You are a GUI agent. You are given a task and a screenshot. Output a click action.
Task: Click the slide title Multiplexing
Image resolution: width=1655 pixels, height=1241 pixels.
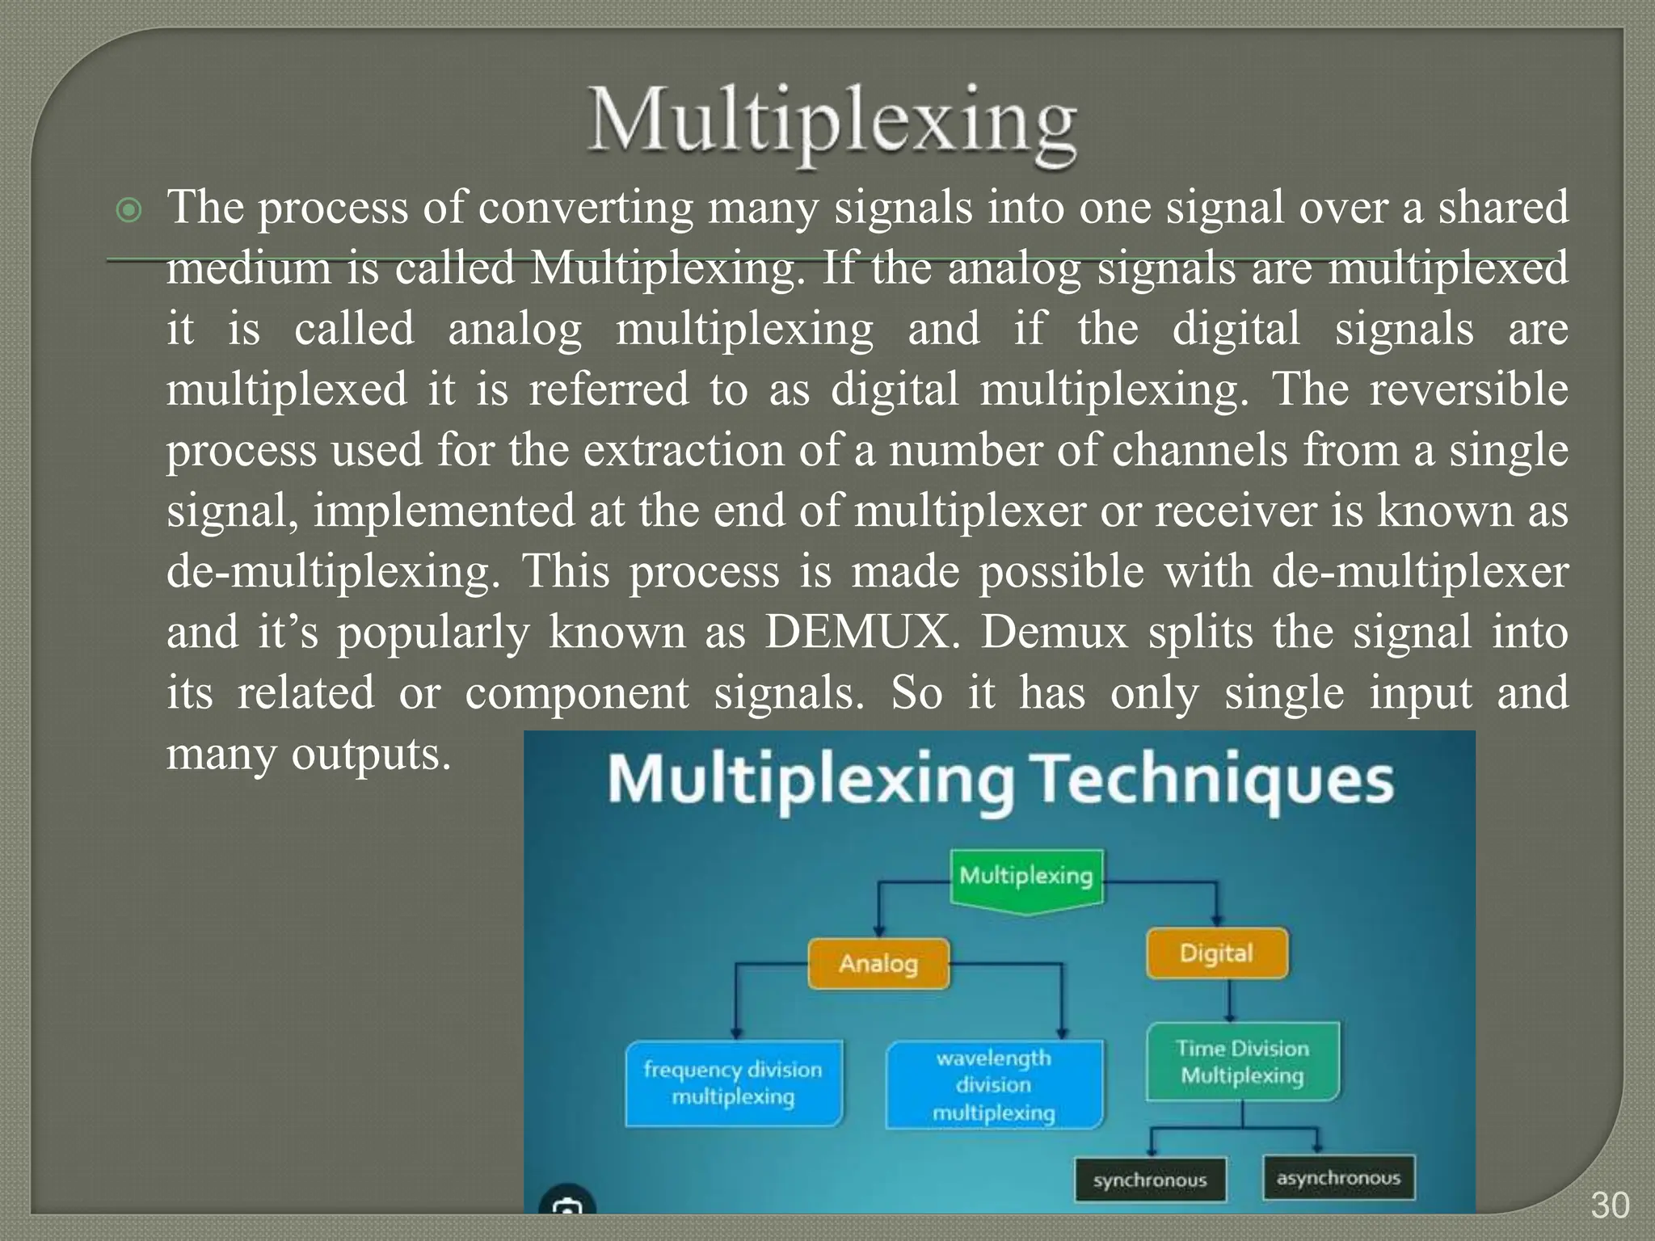point(832,125)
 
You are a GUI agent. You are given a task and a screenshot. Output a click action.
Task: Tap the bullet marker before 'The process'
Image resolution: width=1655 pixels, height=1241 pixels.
point(129,212)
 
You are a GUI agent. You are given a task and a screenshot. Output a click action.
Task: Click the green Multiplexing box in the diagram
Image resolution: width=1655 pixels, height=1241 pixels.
point(1026,877)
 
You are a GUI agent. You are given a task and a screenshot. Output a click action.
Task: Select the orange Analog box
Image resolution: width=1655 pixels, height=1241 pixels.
point(878,963)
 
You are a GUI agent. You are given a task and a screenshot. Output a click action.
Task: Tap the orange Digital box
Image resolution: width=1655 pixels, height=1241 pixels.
point(1216,954)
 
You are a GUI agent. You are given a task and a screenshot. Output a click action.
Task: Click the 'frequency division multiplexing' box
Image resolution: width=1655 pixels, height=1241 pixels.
point(733,1083)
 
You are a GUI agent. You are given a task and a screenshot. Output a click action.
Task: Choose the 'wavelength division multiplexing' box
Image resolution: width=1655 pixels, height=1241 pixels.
point(994,1084)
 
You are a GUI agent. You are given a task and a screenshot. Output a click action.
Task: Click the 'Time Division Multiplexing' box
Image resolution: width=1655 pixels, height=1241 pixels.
point(1242,1062)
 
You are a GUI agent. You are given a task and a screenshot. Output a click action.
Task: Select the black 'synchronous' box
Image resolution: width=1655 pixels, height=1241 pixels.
point(1150,1180)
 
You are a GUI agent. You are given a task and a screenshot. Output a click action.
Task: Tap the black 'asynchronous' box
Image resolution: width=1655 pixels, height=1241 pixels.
point(1338,1178)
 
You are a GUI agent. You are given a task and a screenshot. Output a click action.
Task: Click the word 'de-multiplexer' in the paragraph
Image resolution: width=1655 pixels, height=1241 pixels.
point(1420,572)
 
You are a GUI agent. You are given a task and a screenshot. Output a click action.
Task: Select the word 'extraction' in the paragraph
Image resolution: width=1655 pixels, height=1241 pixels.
point(684,450)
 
